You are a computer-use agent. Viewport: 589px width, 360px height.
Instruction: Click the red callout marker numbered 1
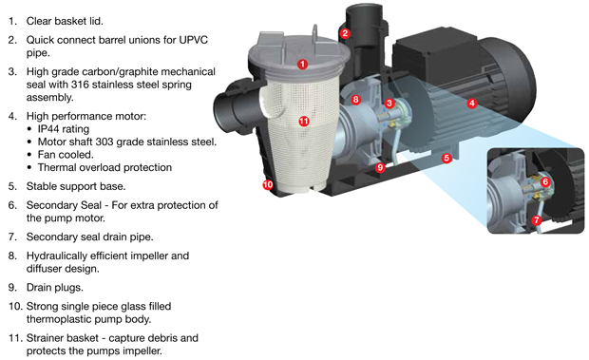click(x=302, y=65)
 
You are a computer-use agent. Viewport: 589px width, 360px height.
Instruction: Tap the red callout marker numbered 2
click(x=345, y=33)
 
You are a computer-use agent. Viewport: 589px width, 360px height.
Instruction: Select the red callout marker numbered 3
click(x=389, y=103)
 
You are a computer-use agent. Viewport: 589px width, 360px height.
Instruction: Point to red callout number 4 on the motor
click(x=472, y=103)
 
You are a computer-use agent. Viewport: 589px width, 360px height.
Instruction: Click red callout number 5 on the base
click(x=446, y=158)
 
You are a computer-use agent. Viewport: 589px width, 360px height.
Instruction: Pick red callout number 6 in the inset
click(x=545, y=182)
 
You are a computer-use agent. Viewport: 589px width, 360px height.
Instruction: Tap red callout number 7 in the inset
click(x=537, y=220)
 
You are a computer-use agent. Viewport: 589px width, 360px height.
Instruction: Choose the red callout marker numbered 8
click(x=355, y=100)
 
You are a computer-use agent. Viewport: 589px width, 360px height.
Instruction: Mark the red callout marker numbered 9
click(x=380, y=167)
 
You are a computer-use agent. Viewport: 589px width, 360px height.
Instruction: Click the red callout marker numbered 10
click(x=268, y=184)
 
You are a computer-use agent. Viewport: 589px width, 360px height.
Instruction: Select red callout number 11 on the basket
click(x=303, y=122)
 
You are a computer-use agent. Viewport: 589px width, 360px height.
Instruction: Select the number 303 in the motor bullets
click(x=104, y=142)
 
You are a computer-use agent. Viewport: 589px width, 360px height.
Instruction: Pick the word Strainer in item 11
click(x=44, y=338)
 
